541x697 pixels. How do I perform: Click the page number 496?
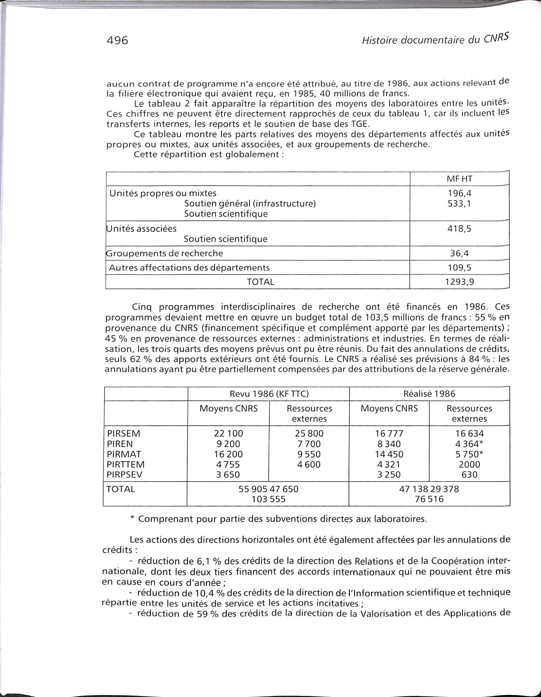(x=118, y=41)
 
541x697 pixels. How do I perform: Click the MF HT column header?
(x=459, y=179)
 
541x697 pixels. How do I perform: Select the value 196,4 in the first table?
(x=459, y=194)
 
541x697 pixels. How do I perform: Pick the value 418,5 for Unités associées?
(x=459, y=229)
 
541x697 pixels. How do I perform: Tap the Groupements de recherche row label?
(x=164, y=253)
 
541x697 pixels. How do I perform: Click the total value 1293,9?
(x=459, y=282)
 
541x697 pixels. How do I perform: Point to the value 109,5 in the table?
(x=459, y=268)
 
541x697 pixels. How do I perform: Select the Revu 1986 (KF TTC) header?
(x=269, y=394)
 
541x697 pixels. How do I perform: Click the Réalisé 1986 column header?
(x=429, y=394)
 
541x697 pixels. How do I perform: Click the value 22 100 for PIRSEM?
(x=229, y=434)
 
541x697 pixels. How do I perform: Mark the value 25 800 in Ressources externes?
(x=309, y=434)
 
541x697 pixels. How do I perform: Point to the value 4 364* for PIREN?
(x=469, y=444)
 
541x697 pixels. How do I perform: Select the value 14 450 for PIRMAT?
(x=389, y=454)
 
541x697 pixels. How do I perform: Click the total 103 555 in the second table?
(x=269, y=499)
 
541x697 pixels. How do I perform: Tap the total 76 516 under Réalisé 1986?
(x=429, y=499)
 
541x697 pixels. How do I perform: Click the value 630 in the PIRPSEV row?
(x=469, y=475)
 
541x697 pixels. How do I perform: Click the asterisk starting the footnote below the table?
(x=132, y=519)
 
